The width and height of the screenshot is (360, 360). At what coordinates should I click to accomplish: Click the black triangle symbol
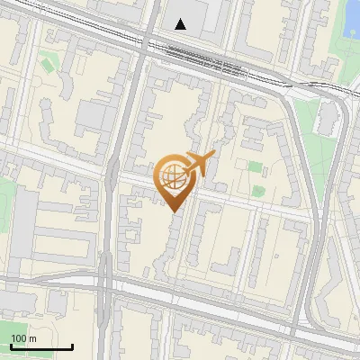coord(181,24)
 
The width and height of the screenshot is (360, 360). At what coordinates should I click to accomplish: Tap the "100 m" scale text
coord(23,338)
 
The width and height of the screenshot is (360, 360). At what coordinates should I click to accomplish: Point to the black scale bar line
coord(40,346)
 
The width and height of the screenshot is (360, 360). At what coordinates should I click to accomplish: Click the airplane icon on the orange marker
coord(199,164)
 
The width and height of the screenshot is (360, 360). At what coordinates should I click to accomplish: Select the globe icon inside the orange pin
coord(173,177)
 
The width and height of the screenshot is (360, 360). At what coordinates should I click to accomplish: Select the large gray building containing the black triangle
coord(193,22)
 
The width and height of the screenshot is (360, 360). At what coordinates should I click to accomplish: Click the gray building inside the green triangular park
coord(330,118)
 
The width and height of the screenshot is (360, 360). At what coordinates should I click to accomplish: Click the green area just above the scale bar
coord(18,327)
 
